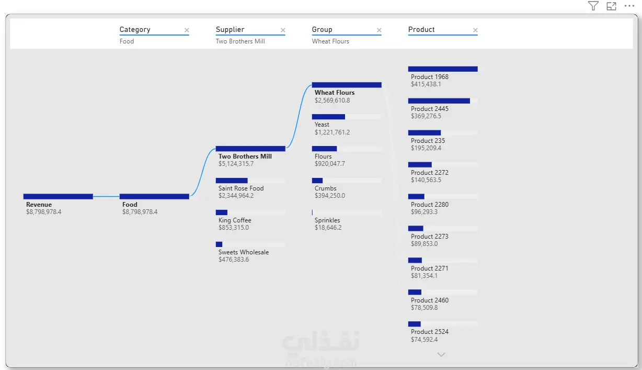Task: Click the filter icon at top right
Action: coord(593,6)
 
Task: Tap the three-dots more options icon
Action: coord(629,6)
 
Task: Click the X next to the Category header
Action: coord(187,30)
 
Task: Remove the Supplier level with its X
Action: coord(283,30)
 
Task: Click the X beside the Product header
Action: coord(475,30)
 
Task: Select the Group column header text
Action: coord(322,29)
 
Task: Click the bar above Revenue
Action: coord(58,196)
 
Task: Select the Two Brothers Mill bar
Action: coord(250,149)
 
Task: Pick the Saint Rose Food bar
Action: coord(232,181)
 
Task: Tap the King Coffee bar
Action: coord(222,212)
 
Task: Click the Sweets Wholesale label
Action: coord(244,252)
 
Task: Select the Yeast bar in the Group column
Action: coord(328,117)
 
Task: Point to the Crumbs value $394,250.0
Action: coord(330,196)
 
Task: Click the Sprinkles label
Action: coord(327,220)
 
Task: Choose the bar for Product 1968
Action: coord(443,69)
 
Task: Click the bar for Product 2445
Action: coord(439,100)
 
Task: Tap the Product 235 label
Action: coord(428,141)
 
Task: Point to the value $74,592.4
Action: coord(425,340)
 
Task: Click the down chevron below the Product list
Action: coord(441,355)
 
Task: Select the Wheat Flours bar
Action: coord(347,85)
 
